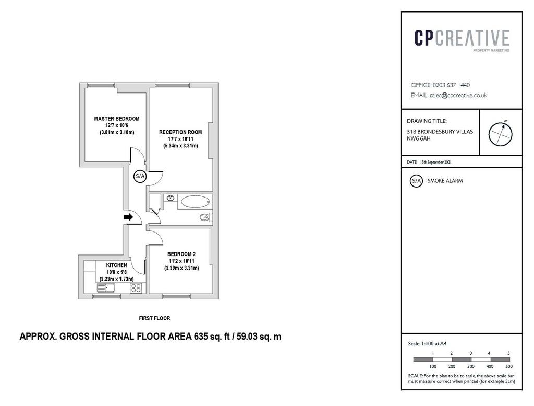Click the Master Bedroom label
click(x=117, y=119)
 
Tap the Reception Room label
click(x=180, y=132)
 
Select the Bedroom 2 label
click(x=181, y=254)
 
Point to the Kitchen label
click(x=116, y=265)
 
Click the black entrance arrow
click(x=128, y=217)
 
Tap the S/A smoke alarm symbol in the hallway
click(x=140, y=177)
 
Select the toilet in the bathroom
click(x=206, y=217)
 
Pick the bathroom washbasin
click(x=171, y=198)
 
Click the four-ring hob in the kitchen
click(x=136, y=288)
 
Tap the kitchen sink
click(x=106, y=288)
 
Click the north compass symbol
click(x=500, y=133)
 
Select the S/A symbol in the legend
click(x=416, y=181)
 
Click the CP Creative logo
click(x=462, y=40)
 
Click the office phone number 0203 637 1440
click(x=451, y=85)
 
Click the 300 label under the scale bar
click(x=471, y=366)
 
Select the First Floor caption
click(x=154, y=318)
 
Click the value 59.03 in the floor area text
click(x=247, y=337)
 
